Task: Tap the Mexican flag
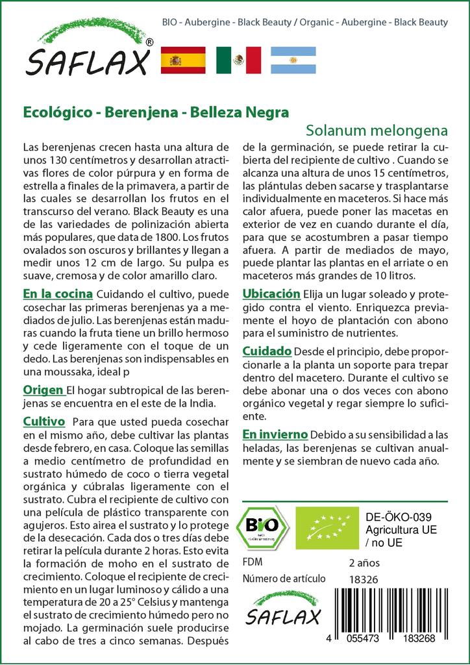(238, 60)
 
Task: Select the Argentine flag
(293, 60)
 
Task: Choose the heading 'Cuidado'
(266, 351)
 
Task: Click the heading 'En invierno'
(275, 434)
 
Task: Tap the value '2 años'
(364, 562)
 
